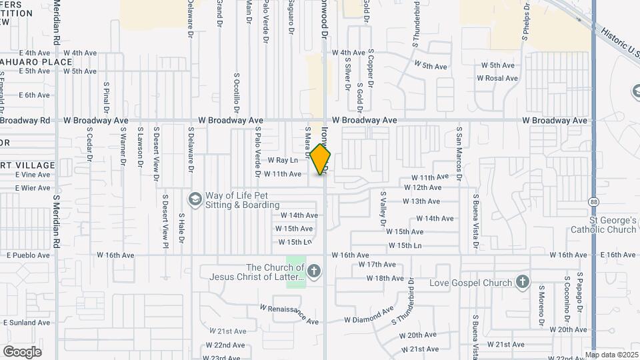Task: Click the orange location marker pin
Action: click(x=321, y=159)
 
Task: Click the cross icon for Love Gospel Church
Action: click(x=522, y=283)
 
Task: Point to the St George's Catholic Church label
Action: click(x=603, y=225)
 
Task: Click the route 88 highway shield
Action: click(x=593, y=201)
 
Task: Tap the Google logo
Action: click(x=22, y=351)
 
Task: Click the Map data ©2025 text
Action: click(x=611, y=355)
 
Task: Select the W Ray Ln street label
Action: click(x=283, y=161)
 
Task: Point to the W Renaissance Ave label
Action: click(x=289, y=315)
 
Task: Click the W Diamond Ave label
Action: click(x=369, y=315)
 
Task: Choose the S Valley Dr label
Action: click(x=383, y=209)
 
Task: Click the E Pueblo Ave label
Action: click(x=29, y=255)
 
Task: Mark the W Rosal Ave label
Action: click(x=497, y=79)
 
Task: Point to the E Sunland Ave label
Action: click(x=27, y=323)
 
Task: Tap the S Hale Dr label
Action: click(x=181, y=229)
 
